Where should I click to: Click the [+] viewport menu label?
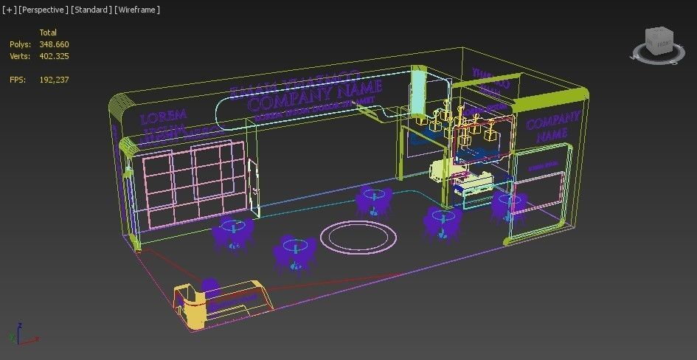tap(9, 10)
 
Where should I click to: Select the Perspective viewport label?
tap(44, 10)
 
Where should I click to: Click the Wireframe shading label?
tap(137, 10)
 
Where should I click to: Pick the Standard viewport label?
tap(92, 10)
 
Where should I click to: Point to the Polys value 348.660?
tap(55, 44)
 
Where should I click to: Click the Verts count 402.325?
tap(55, 56)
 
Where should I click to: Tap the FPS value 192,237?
tap(55, 80)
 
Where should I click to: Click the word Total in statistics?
tap(48, 32)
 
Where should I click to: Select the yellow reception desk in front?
tap(221, 299)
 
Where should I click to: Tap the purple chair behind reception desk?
tap(210, 288)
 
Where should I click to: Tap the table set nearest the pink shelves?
tap(233, 233)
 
